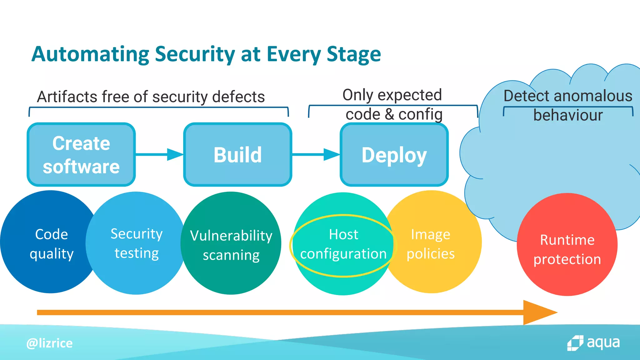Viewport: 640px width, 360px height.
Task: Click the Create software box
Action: tap(81, 155)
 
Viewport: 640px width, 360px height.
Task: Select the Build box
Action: tap(237, 155)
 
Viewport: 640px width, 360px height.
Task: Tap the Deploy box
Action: tap(394, 155)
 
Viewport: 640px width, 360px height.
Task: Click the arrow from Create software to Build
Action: tap(159, 154)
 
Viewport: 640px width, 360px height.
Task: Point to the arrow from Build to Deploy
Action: tap(316, 154)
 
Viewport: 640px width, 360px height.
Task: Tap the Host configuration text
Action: tap(343, 244)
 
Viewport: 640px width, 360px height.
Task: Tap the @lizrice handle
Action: tap(49, 343)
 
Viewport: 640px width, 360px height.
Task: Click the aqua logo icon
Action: tap(575, 343)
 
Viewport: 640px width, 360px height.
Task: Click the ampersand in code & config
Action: tap(389, 114)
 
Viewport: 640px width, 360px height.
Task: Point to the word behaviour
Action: tap(568, 115)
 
